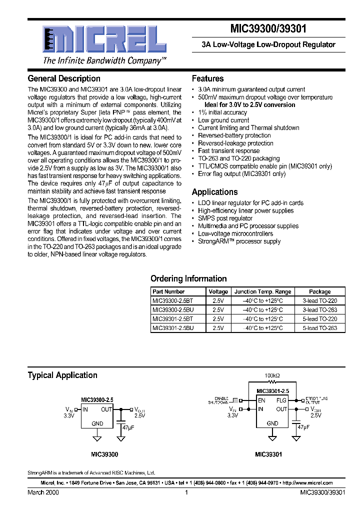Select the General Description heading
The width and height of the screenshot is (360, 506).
point(64,78)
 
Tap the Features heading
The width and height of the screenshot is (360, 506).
point(207,78)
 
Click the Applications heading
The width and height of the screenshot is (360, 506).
point(214,192)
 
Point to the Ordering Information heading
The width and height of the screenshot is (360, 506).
point(188,278)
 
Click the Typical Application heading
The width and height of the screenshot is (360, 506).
point(62,375)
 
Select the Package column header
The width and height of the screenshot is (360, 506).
point(319,291)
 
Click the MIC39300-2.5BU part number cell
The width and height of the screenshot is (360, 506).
point(172,310)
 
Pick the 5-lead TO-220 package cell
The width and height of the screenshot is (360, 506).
point(319,319)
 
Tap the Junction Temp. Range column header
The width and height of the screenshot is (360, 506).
point(262,291)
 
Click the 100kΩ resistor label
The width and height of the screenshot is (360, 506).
point(272,374)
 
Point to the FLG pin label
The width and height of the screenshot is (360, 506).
point(281,400)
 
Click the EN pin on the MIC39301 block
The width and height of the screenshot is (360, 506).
point(261,400)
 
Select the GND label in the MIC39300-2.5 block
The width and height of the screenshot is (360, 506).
point(97,423)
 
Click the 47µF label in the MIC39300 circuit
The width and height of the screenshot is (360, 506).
point(128,427)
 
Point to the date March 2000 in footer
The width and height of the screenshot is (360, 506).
point(43,492)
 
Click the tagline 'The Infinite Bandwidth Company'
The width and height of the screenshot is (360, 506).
point(104,60)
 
